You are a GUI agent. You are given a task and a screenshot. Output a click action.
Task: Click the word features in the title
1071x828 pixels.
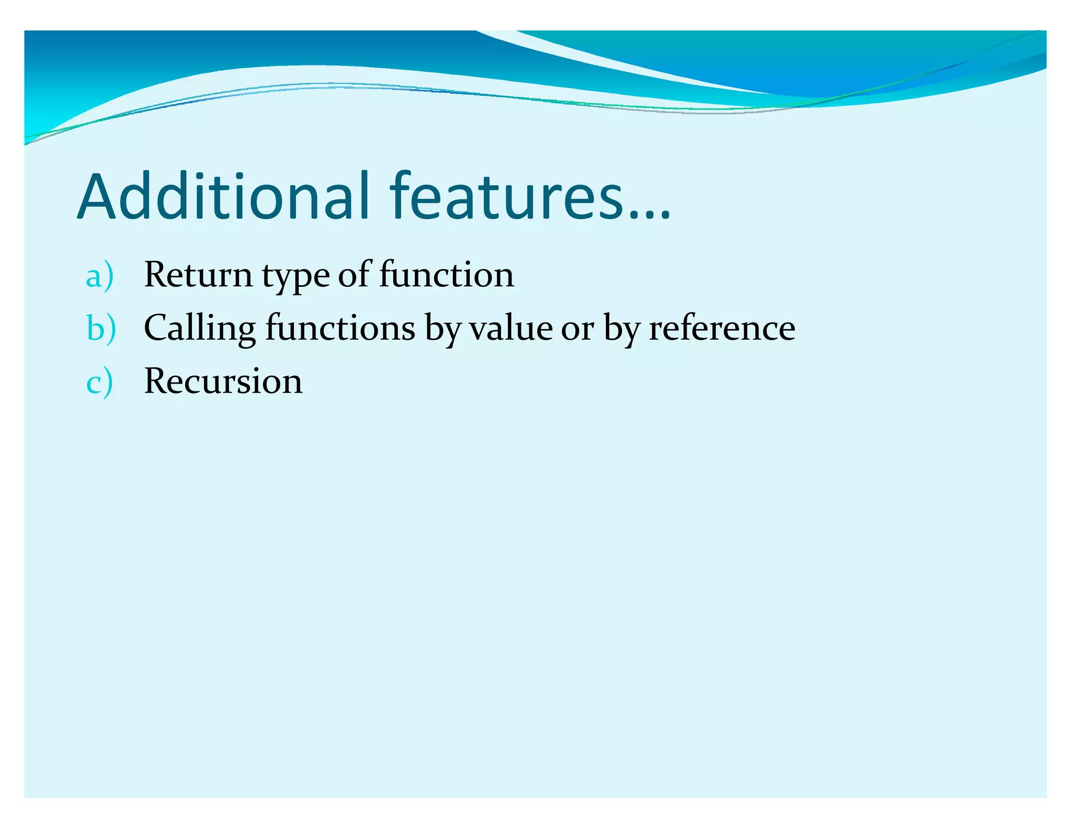tap(507, 196)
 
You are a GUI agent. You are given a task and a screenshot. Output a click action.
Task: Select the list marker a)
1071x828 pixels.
tap(99, 276)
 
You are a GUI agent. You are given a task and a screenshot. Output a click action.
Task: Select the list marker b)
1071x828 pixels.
tap(101, 329)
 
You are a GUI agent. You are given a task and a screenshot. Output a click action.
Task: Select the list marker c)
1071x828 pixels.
tap(99, 382)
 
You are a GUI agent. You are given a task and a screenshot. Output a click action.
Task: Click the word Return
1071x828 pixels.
tap(198, 275)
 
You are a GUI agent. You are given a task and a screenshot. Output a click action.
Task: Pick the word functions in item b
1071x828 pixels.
tap(340, 328)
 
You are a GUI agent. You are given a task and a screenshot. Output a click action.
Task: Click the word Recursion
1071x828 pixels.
tap(223, 382)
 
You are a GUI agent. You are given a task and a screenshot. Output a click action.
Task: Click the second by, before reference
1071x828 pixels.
tap(622, 329)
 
